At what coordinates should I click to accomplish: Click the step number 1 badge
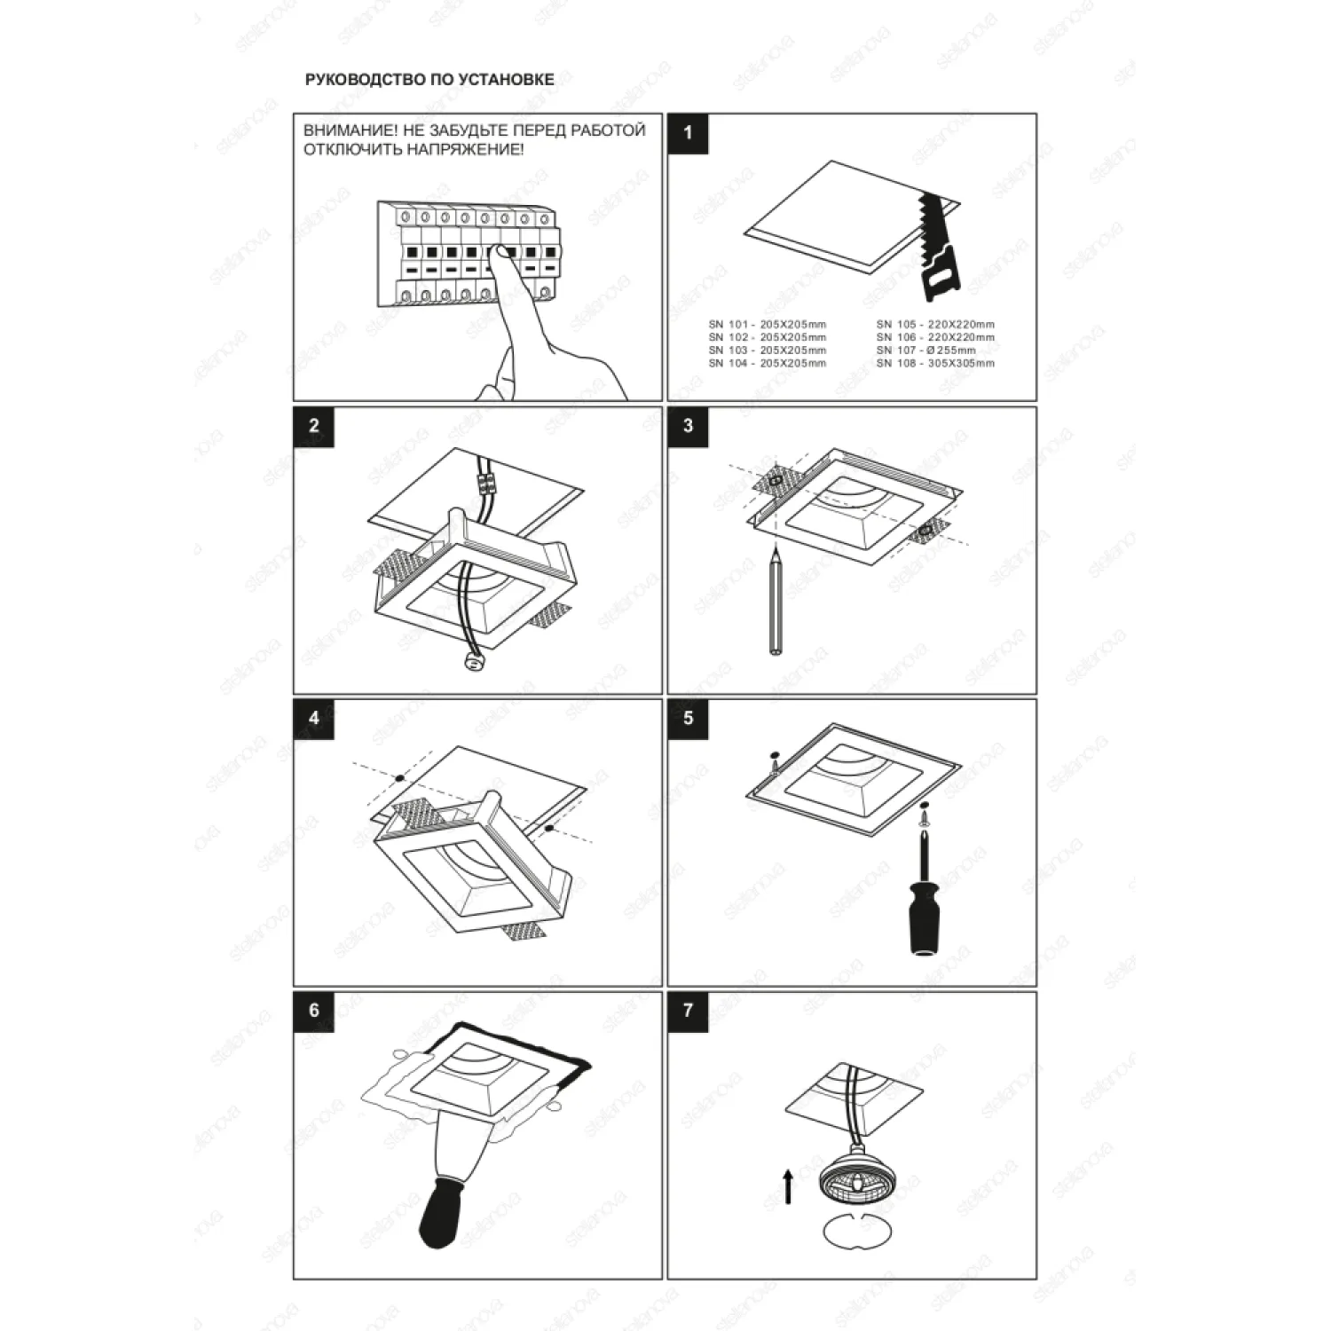[689, 134]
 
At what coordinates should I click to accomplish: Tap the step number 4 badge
[314, 719]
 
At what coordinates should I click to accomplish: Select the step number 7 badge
[689, 1012]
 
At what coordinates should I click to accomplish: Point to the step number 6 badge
[314, 1012]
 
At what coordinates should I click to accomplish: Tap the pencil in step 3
[776, 602]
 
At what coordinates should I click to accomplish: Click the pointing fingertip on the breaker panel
[504, 255]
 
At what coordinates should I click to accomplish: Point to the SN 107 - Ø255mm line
[925, 350]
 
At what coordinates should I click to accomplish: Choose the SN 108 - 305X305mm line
[935, 363]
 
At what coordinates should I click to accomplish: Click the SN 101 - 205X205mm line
[767, 325]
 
